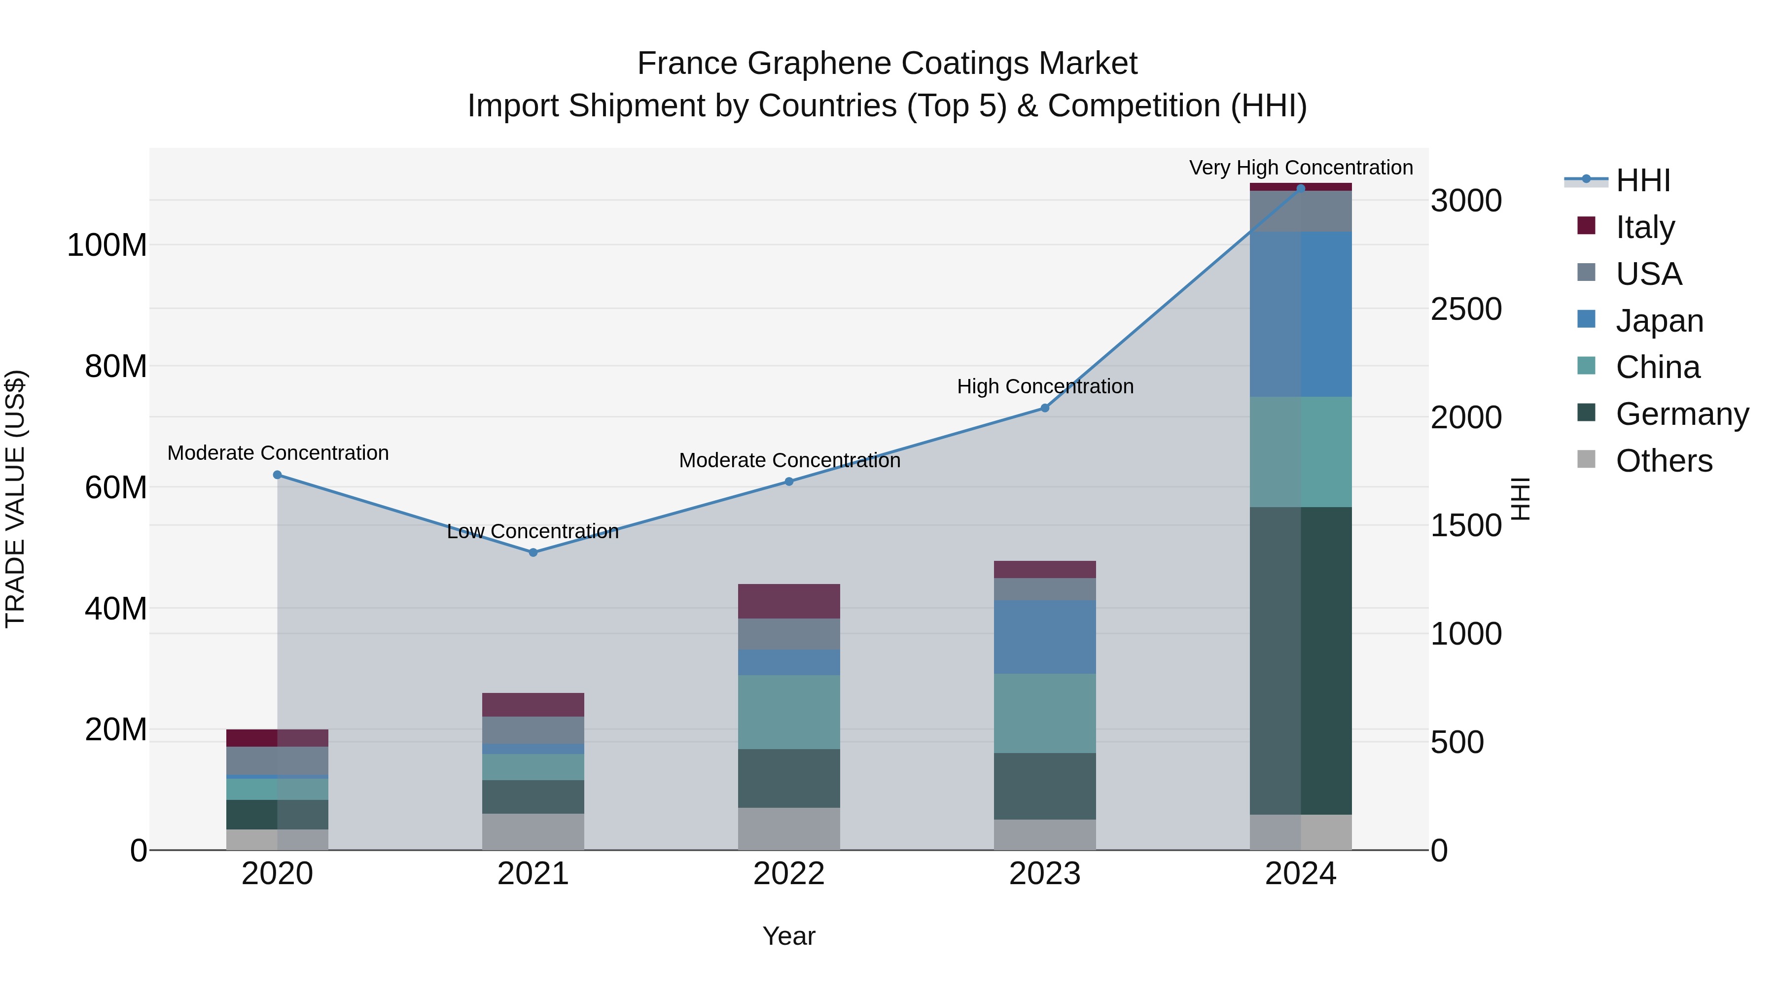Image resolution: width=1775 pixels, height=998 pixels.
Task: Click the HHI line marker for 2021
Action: [x=532, y=552]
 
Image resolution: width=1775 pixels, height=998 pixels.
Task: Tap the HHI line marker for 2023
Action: [x=1045, y=409]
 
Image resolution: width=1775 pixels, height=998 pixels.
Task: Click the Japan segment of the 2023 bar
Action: [x=1045, y=637]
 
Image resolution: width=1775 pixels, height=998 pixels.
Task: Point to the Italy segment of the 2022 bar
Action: [x=789, y=601]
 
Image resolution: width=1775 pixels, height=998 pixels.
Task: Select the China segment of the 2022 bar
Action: [x=789, y=712]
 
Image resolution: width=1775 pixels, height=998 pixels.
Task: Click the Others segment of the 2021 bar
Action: [x=532, y=832]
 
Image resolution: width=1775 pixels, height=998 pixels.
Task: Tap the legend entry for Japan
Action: [x=1659, y=321]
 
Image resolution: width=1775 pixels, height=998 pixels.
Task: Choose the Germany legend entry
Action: [x=1681, y=414]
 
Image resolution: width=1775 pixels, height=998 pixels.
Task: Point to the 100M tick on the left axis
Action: [x=107, y=245]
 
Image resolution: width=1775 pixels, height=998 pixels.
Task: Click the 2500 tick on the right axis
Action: [x=1466, y=309]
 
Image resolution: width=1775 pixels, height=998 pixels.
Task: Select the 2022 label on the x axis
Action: [x=789, y=874]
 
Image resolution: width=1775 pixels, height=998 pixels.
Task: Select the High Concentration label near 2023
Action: [x=1045, y=386]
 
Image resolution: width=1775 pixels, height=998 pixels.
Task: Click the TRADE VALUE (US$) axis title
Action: [x=15, y=499]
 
